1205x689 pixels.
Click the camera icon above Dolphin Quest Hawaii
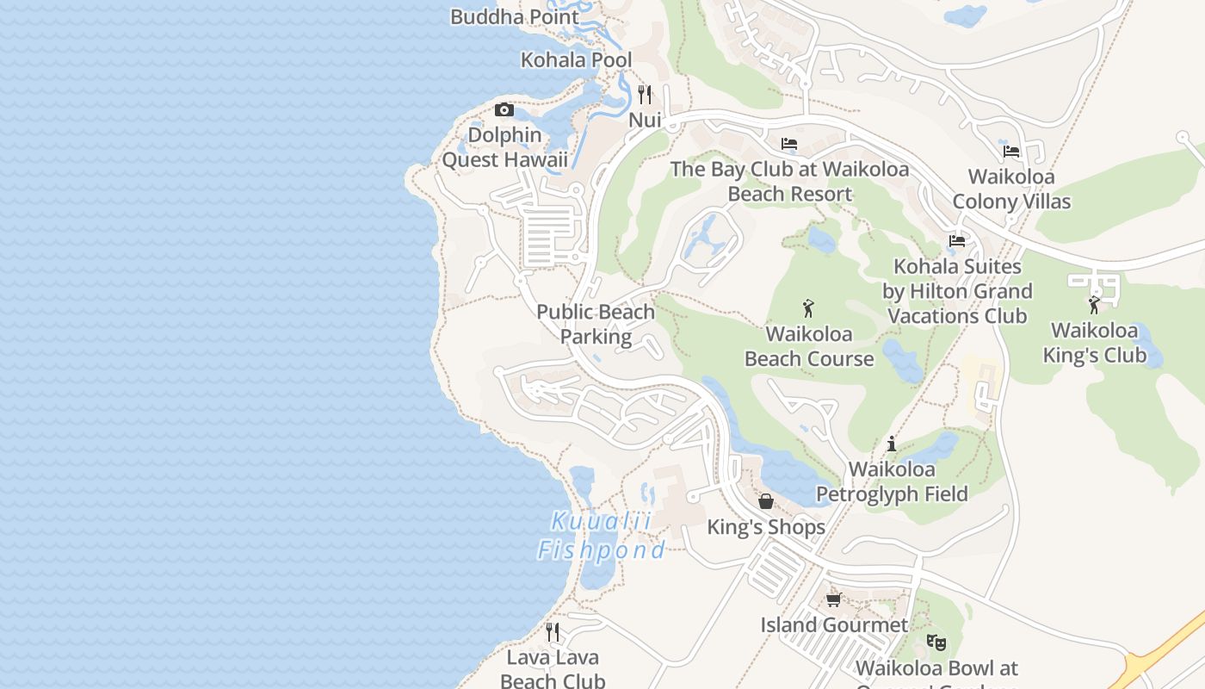(x=504, y=109)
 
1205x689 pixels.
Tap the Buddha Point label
(x=515, y=16)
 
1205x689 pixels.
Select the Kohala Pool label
(x=576, y=60)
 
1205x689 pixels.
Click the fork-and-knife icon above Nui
(x=645, y=94)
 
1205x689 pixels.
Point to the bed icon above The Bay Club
(x=789, y=144)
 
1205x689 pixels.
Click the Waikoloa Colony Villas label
(x=1011, y=189)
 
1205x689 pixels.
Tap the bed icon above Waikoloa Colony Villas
(x=1011, y=152)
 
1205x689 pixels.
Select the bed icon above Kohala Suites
(x=957, y=241)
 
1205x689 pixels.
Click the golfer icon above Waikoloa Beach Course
(x=808, y=307)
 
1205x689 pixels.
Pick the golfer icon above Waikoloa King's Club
(x=1094, y=304)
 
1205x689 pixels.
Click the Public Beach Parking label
(x=596, y=325)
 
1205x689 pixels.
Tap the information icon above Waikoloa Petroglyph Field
(x=892, y=444)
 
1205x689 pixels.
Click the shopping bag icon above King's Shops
(x=765, y=501)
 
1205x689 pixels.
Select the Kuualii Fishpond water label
(x=602, y=536)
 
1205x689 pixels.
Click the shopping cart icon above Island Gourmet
(x=833, y=599)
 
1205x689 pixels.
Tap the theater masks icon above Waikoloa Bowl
(x=936, y=642)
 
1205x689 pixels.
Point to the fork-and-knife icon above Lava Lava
(x=553, y=632)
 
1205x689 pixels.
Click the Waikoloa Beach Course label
(x=809, y=346)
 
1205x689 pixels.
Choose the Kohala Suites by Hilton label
(x=957, y=291)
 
